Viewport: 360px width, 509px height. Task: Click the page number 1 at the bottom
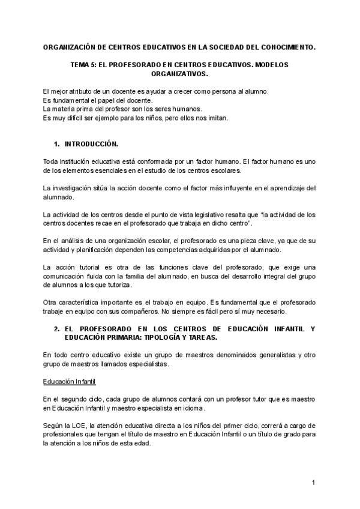coord(313,483)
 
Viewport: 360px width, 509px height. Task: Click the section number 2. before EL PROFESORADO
coord(57,329)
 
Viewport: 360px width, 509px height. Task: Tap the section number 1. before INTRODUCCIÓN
coord(57,144)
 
